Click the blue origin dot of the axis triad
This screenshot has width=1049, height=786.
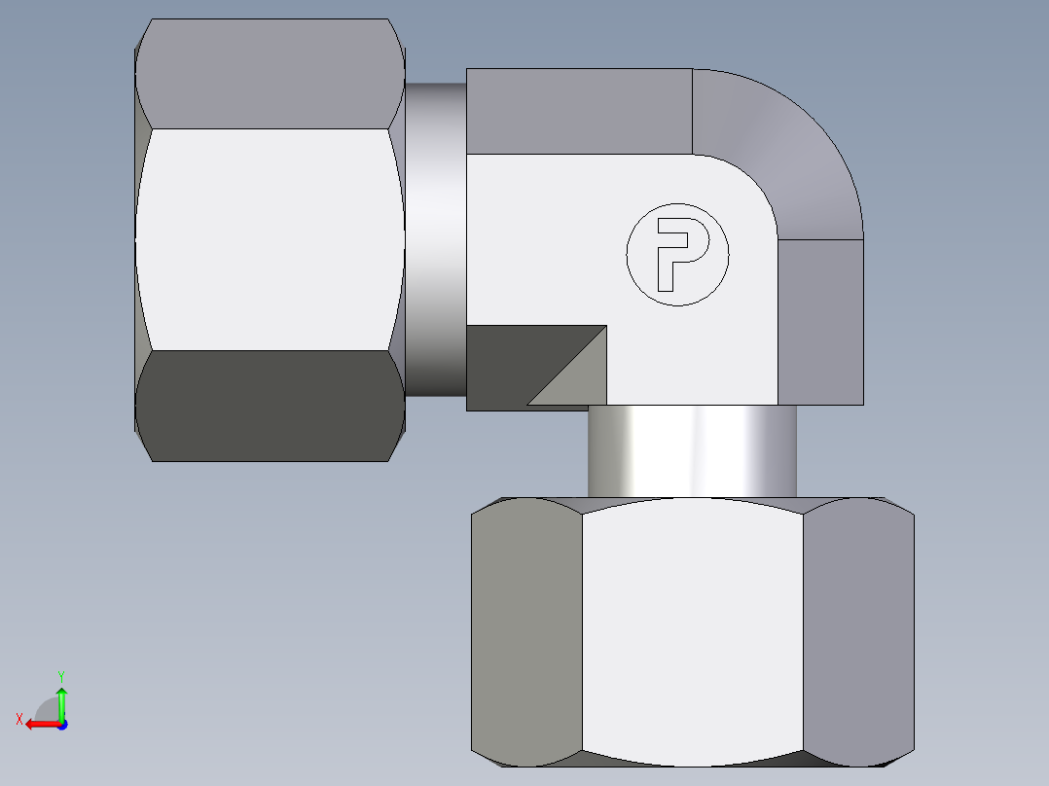point(61,725)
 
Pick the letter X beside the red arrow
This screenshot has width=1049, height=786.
point(18,720)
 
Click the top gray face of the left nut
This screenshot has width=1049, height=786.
point(270,74)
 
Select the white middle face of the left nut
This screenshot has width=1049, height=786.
point(270,238)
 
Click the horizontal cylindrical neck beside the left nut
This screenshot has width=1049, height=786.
point(435,238)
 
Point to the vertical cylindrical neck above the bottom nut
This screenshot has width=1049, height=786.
point(692,450)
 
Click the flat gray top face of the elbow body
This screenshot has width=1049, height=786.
point(579,111)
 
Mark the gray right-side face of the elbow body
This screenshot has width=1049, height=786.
point(820,321)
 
